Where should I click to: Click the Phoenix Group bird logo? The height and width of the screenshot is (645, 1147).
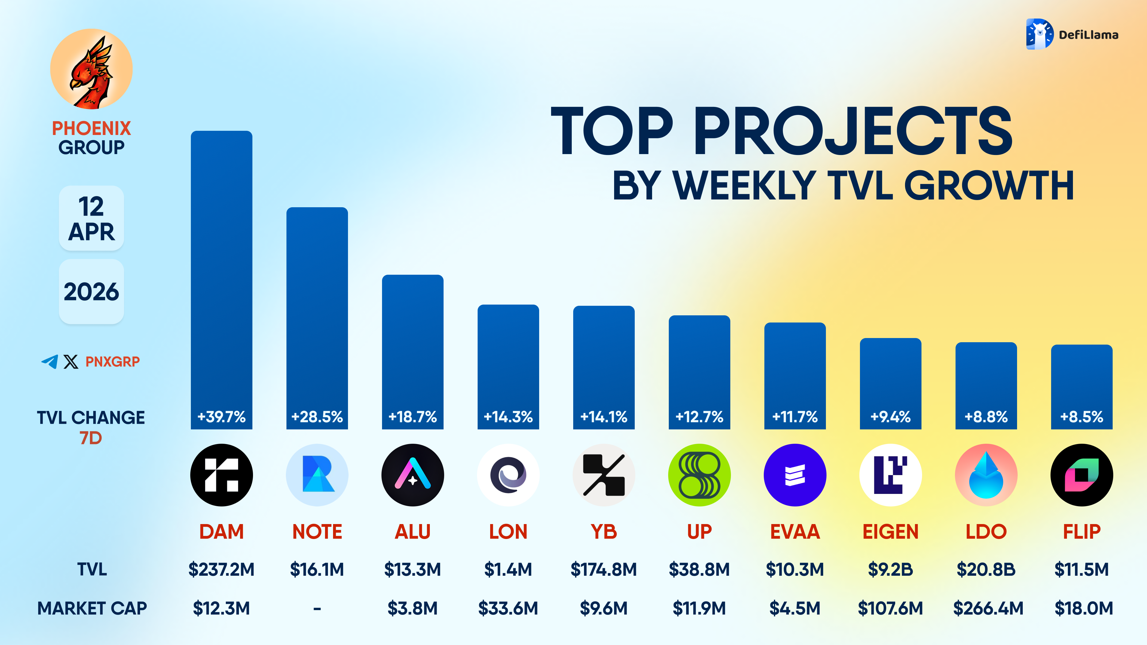[91, 69]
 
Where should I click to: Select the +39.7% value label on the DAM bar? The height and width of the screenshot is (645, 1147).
[221, 417]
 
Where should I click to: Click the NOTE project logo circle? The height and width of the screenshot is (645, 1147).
[317, 475]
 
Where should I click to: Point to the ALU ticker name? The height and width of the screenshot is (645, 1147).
[412, 532]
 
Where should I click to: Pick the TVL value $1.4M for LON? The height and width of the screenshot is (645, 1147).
[508, 569]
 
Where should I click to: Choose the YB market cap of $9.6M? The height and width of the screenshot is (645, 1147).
[603, 608]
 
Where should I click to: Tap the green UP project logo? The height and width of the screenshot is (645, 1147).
[699, 475]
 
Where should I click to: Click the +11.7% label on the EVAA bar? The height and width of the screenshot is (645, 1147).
[795, 417]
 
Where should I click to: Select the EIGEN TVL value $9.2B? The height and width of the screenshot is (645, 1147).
[890, 569]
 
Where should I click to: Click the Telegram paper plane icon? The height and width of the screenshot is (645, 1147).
[50, 361]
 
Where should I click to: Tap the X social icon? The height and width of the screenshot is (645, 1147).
[71, 361]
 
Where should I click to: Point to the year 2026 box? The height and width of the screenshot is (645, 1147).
[91, 291]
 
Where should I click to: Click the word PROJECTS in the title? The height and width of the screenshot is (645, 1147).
[853, 131]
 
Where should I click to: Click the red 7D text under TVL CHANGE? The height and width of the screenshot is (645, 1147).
[91, 438]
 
